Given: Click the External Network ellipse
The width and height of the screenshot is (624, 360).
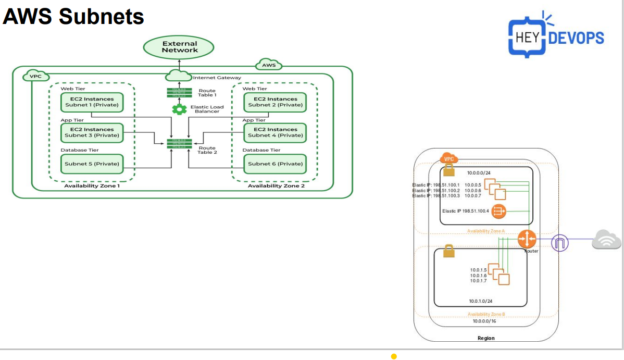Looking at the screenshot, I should pyautogui.click(x=179, y=47).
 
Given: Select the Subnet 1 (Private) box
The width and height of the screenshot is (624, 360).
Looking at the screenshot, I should pyautogui.click(x=92, y=102).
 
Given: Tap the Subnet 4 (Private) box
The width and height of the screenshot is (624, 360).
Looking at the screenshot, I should pyautogui.click(x=275, y=132).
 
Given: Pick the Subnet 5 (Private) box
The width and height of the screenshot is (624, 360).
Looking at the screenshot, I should pyautogui.click(x=92, y=164).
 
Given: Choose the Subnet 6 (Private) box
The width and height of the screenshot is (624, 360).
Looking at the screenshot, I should pyautogui.click(x=275, y=164).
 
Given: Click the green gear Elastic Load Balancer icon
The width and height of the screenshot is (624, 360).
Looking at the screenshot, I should pyautogui.click(x=179, y=109).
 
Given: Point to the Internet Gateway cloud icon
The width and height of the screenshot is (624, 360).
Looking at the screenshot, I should pyautogui.click(x=179, y=77).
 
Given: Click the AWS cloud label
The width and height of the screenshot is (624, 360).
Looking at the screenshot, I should pyautogui.click(x=269, y=65).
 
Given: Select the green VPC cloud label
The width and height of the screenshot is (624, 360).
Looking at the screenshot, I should pyautogui.click(x=36, y=76).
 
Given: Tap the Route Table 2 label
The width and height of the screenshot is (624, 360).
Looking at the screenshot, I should pyautogui.click(x=207, y=150).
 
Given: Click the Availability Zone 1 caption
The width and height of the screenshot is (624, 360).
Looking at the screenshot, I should pyautogui.click(x=92, y=186).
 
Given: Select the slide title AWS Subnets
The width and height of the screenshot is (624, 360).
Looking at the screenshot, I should pyautogui.click(x=73, y=17).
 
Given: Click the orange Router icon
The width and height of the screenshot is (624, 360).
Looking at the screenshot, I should pyautogui.click(x=527, y=239).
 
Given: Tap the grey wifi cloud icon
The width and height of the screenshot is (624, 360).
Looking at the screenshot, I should pyautogui.click(x=606, y=241).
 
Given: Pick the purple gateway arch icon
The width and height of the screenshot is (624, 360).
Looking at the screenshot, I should pyautogui.click(x=560, y=243).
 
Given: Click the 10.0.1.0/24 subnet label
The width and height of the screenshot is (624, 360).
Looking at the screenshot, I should pyautogui.click(x=480, y=301).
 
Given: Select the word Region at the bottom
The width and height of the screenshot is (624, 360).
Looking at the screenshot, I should pyautogui.click(x=486, y=338).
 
